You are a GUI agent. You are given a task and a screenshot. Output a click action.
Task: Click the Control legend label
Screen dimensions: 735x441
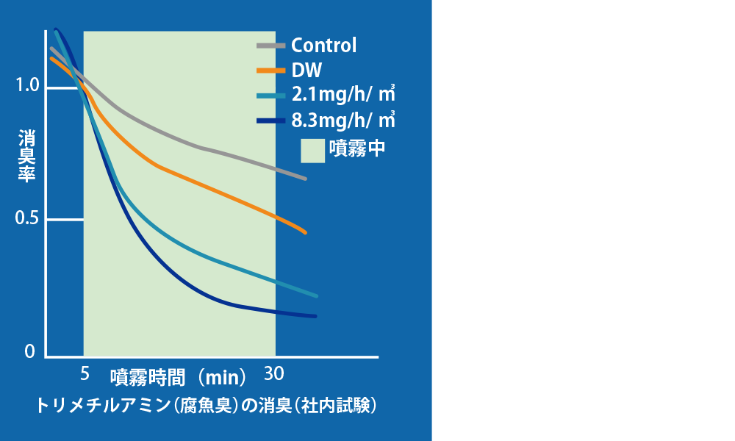point(324,46)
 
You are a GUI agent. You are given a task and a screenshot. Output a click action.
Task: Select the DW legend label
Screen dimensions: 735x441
point(306,71)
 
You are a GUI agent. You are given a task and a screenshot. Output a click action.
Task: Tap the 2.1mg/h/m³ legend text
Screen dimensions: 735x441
point(343,95)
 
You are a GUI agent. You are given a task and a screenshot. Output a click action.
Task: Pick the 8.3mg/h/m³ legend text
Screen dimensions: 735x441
point(343,121)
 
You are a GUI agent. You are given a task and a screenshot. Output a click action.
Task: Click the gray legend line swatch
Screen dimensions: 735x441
point(271,46)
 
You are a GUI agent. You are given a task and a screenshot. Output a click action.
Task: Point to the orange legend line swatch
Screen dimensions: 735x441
point(271,71)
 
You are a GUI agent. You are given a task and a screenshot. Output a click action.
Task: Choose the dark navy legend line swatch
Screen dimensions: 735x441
point(271,121)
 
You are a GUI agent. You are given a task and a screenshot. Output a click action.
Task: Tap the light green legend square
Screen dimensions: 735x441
point(312,151)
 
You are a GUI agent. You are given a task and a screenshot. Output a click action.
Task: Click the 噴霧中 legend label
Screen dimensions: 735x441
point(357,148)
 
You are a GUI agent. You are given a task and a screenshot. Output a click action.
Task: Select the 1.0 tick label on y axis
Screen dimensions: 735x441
point(27,85)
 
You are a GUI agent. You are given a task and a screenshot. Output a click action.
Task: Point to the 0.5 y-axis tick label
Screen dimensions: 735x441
point(27,218)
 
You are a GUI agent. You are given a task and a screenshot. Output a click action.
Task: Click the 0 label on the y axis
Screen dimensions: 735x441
point(29,351)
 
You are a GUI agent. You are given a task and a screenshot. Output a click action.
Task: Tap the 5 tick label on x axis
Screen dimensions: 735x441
point(85,373)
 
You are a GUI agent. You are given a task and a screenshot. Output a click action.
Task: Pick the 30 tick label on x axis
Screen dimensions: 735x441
point(273,373)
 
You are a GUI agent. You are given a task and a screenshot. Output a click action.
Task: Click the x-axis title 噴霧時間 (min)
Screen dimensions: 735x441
point(179,377)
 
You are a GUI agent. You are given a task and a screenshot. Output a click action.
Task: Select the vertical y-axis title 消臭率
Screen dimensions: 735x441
point(26,156)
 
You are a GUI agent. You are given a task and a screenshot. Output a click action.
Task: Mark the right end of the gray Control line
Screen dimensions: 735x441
point(305,179)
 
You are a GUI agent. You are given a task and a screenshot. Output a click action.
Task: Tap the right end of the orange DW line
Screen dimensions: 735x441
point(305,232)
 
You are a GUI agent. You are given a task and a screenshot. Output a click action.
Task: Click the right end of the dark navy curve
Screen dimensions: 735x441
point(315,316)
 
